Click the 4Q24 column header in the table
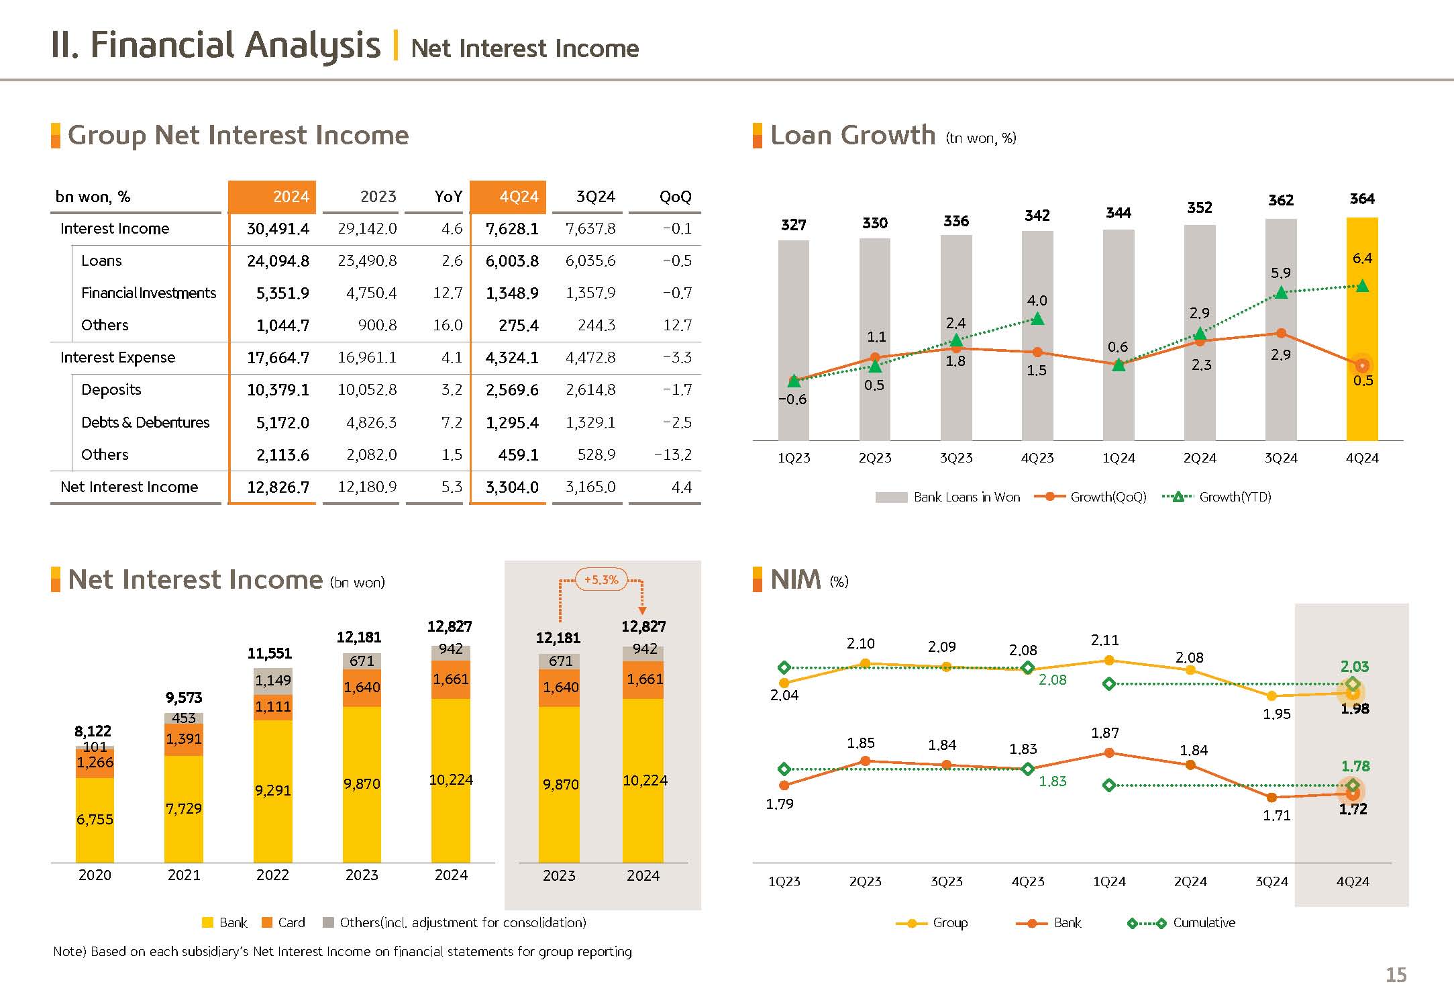(518, 197)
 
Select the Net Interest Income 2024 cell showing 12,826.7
(278, 487)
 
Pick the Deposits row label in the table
(111, 390)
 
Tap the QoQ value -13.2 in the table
(673, 455)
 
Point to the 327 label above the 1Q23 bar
(793, 225)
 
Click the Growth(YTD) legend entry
(1235, 497)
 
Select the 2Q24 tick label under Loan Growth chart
(1199, 459)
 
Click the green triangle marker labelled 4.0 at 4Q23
(1037, 319)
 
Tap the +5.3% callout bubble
(601, 580)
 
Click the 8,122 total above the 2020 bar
(93, 731)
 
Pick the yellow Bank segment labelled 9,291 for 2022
(272, 791)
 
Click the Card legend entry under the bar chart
(291, 923)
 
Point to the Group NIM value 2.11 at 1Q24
(1104, 640)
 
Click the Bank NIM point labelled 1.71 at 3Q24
(1271, 798)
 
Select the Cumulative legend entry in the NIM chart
(1203, 923)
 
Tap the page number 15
(1396, 975)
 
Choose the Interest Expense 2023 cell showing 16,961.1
(366, 358)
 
